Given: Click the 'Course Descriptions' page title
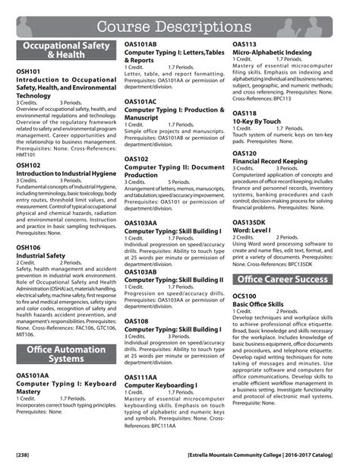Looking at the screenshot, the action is click(x=181, y=27).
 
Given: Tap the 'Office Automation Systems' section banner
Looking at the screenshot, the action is click(x=65, y=354).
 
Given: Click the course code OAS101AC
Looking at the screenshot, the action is click(x=141, y=101).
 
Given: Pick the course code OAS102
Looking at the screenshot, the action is click(x=137, y=159).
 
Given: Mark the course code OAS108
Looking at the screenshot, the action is click(x=137, y=322).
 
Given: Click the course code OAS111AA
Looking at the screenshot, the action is click(x=141, y=377).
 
